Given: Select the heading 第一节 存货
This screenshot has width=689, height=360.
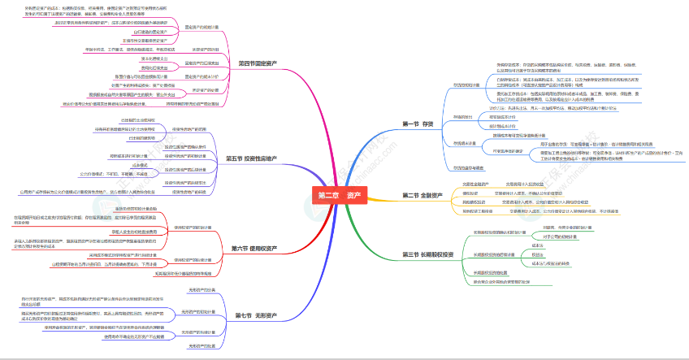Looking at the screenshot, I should [422, 124].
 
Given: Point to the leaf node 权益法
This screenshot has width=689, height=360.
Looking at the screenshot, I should [538, 254].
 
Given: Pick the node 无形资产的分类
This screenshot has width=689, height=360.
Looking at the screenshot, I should [200, 289].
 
